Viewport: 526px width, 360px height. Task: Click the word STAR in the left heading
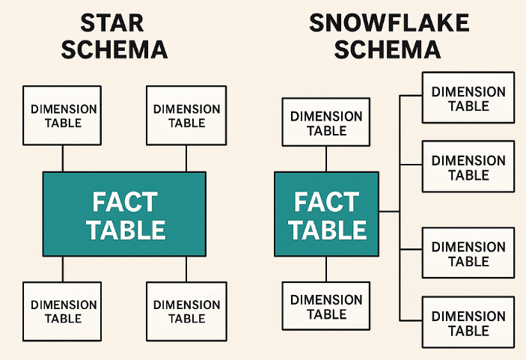pyautogui.click(x=114, y=23)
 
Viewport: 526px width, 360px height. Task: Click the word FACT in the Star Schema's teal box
pyautogui.click(x=124, y=202)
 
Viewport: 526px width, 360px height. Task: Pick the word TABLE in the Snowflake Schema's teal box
pyautogui.click(x=327, y=228)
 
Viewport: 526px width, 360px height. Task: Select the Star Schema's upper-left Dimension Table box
pyautogui.click(x=63, y=115)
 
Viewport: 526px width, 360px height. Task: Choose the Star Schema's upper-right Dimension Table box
pyautogui.click(x=186, y=115)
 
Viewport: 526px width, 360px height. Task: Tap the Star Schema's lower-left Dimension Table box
pyautogui.click(x=63, y=311)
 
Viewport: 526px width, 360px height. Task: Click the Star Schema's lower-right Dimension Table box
pyautogui.click(x=186, y=311)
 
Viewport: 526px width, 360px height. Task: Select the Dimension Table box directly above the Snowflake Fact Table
pyautogui.click(x=326, y=123)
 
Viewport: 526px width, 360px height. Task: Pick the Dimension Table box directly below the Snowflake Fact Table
pyautogui.click(x=326, y=307)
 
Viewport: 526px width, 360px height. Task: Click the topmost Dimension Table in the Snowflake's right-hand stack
pyautogui.click(x=468, y=98)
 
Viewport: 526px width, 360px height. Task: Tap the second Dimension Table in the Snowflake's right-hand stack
pyautogui.click(x=468, y=166)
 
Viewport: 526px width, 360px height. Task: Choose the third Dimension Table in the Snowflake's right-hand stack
pyautogui.click(x=468, y=253)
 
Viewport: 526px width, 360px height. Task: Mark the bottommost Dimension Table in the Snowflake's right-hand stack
pyautogui.click(x=468, y=323)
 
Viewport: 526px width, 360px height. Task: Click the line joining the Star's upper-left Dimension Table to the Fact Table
pyautogui.click(x=63, y=158)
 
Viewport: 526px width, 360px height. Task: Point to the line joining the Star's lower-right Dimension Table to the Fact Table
pyautogui.click(x=186, y=269)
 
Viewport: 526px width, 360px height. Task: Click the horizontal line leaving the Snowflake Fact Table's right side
pyautogui.click(x=389, y=212)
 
